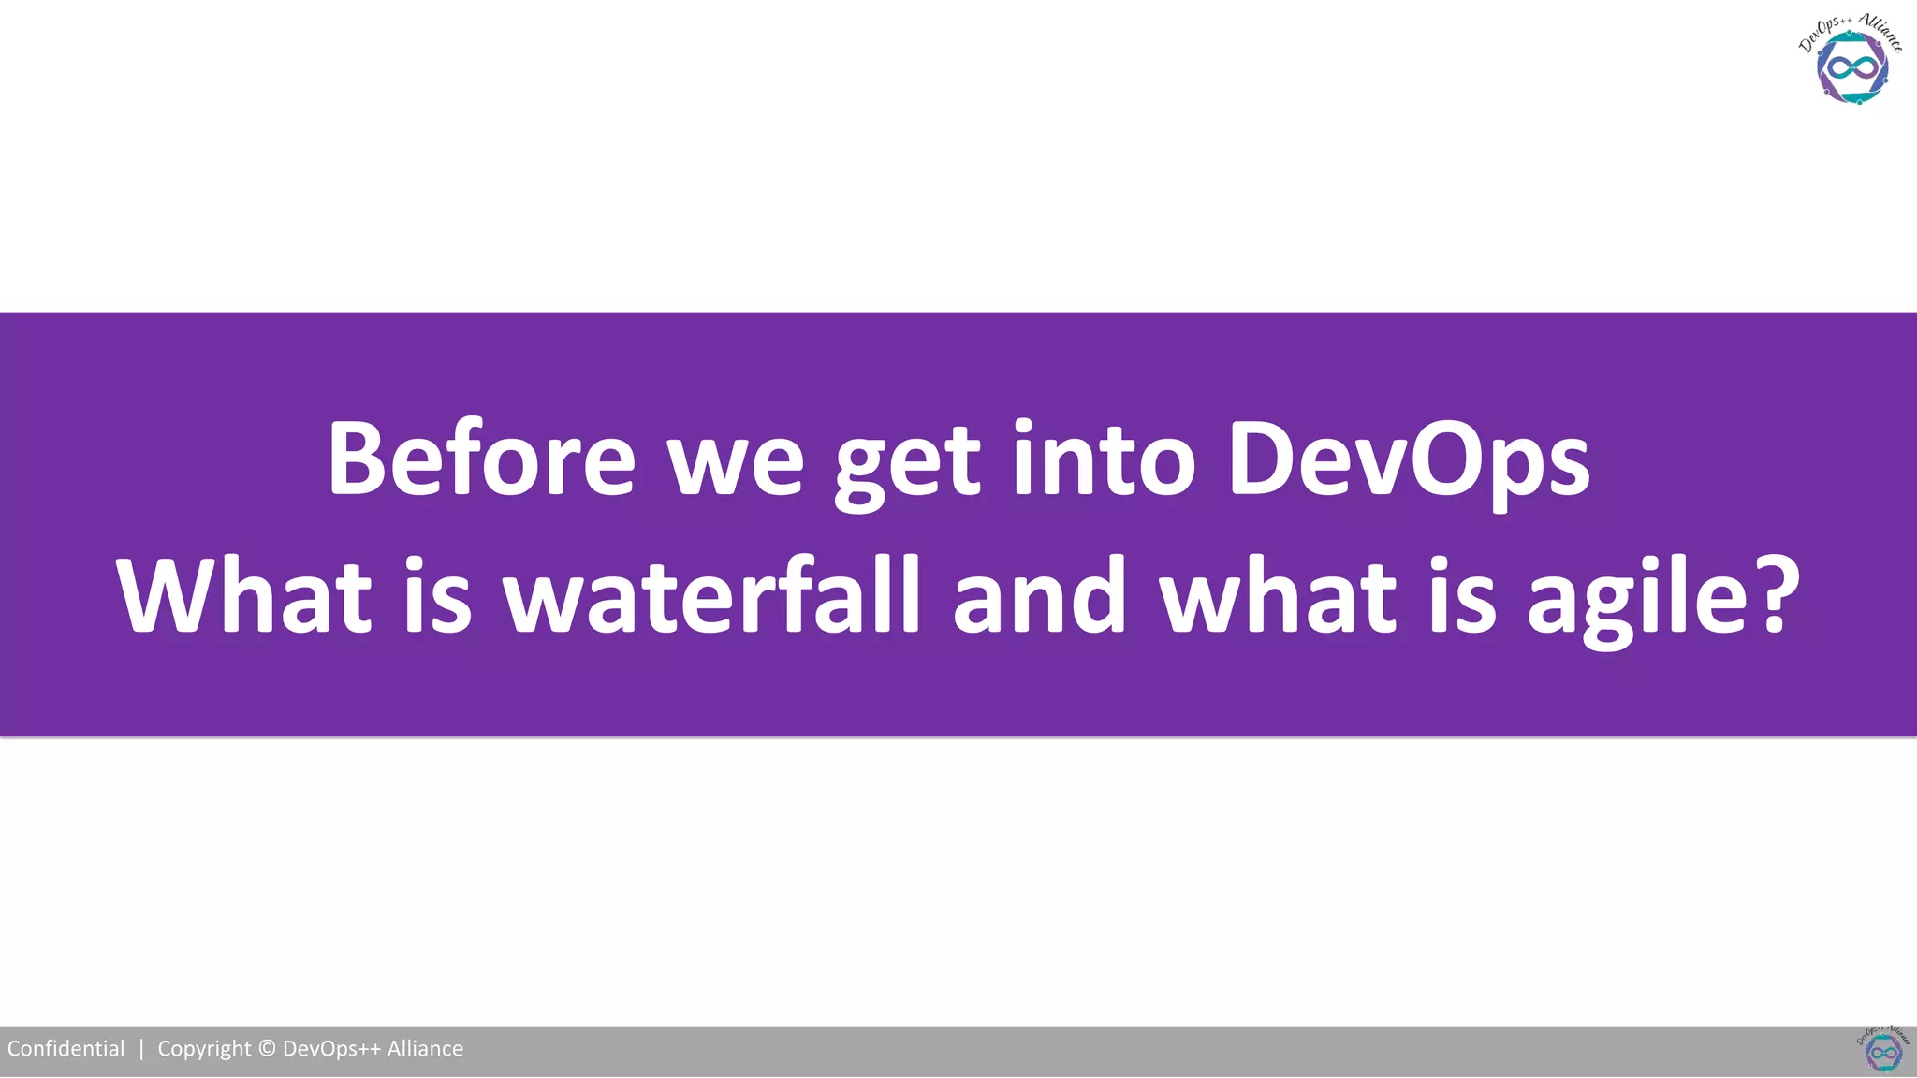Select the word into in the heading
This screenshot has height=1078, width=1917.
tap(1104, 459)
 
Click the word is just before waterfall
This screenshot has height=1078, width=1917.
tap(437, 596)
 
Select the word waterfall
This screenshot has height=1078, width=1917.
tap(711, 596)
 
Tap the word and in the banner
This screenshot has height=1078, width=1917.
tap(1039, 596)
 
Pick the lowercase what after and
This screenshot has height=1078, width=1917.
tap(1279, 596)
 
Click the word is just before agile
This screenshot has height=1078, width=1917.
tap(1462, 596)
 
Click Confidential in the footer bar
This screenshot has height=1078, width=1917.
tap(66, 1049)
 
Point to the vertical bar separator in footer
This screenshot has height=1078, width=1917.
tap(141, 1049)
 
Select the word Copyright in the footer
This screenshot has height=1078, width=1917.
tap(204, 1049)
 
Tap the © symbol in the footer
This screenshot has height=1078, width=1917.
tap(267, 1049)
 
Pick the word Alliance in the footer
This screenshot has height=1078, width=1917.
tap(425, 1049)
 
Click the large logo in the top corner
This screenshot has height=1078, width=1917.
tap(1851, 61)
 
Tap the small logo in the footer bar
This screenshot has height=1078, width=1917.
tap(1882, 1050)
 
